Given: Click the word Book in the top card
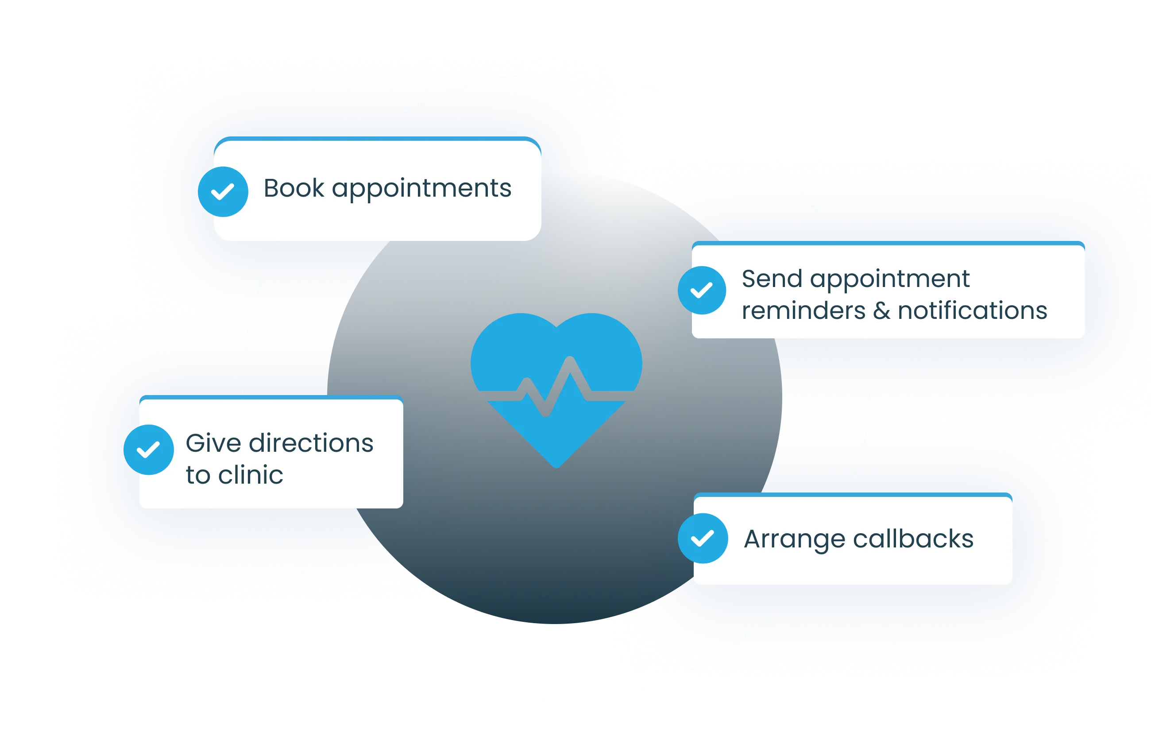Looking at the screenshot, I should pyautogui.click(x=294, y=188).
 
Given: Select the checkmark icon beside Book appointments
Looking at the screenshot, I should pyautogui.click(x=223, y=192).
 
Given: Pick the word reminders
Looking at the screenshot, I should pyautogui.click(x=803, y=311).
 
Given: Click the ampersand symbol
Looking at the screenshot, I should pyautogui.click(x=881, y=311).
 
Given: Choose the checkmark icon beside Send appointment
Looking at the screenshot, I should pyautogui.click(x=702, y=290).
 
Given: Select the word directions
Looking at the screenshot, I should pyautogui.click(x=311, y=443).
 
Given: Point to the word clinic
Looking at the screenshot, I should pyautogui.click(x=251, y=475).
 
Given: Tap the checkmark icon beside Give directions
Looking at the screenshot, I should pyautogui.click(x=149, y=450).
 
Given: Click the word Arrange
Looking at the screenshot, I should pyautogui.click(x=795, y=539).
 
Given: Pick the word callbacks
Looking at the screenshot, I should pyautogui.click(x=913, y=539).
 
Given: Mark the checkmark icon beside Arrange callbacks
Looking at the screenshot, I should pyautogui.click(x=703, y=539).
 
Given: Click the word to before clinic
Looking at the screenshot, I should pyautogui.click(x=198, y=475).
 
